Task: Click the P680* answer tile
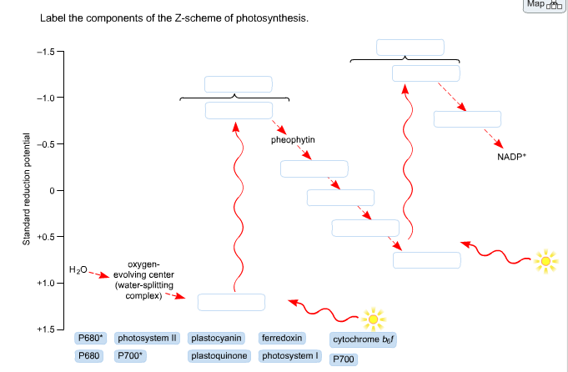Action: (x=90, y=339)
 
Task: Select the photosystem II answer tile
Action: (x=148, y=339)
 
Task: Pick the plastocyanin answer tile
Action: (x=217, y=339)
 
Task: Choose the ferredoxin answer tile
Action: (x=282, y=339)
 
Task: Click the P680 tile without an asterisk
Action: (x=88, y=356)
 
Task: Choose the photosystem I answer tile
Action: (x=290, y=356)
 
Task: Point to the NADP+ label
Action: (x=512, y=156)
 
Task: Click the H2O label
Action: (x=78, y=269)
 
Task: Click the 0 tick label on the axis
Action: (x=49, y=191)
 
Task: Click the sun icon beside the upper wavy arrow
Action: (x=545, y=262)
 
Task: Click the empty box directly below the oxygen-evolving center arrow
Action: (x=231, y=302)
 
